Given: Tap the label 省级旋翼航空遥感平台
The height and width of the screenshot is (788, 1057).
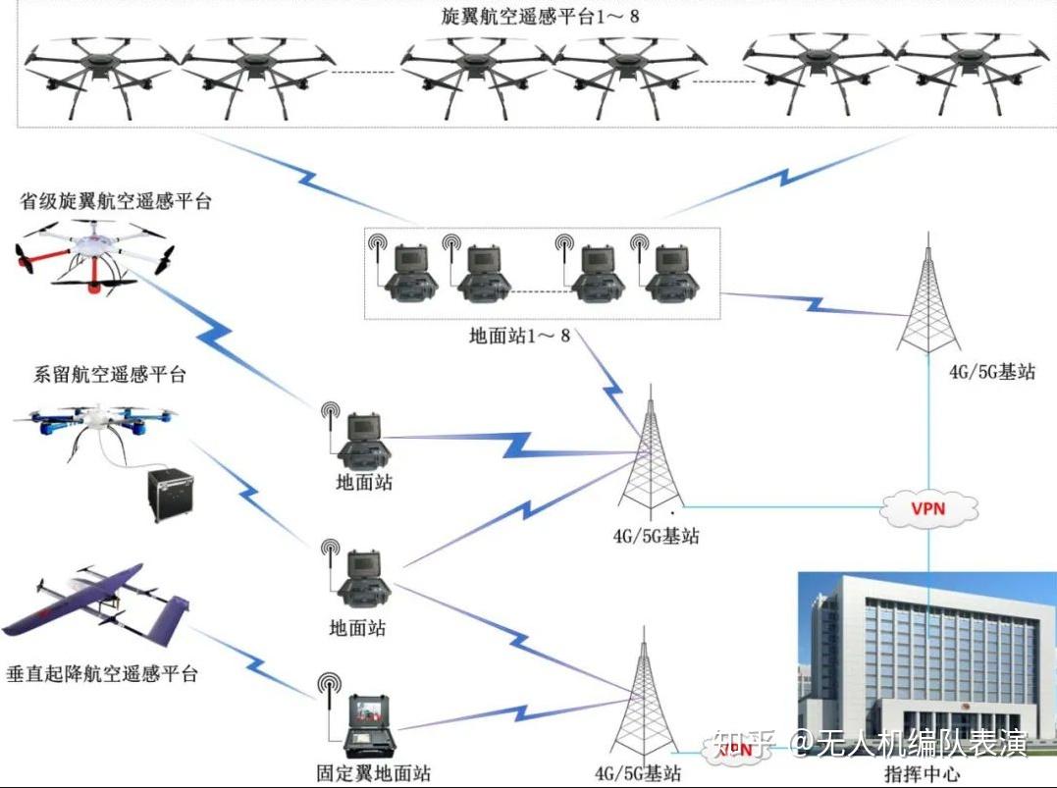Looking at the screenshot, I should (x=116, y=202).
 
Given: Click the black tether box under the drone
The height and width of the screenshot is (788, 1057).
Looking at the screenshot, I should (x=169, y=496).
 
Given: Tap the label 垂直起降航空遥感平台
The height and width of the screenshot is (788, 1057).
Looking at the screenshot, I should (x=101, y=674).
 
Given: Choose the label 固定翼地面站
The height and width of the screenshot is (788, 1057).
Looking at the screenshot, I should (x=365, y=772).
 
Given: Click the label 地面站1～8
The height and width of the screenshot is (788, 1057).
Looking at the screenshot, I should (x=519, y=336).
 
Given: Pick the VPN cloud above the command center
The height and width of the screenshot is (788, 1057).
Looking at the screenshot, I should (x=929, y=508).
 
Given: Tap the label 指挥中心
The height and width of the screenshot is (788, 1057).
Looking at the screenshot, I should (x=923, y=772).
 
